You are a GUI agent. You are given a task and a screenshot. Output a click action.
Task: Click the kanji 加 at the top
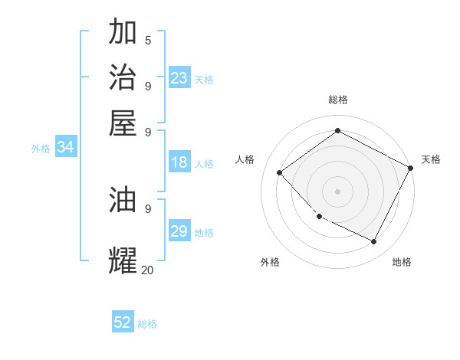click(x=123, y=33)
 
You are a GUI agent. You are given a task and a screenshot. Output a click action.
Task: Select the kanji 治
click(x=123, y=77)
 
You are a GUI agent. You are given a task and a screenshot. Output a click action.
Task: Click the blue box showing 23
click(x=179, y=78)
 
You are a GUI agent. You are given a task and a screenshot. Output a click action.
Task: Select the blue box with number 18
click(x=179, y=162)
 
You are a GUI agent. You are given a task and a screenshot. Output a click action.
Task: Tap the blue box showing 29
click(x=179, y=231)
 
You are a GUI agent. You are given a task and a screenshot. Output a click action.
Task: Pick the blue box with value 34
click(x=65, y=147)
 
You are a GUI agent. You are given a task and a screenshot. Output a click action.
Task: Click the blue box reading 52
click(x=123, y=322)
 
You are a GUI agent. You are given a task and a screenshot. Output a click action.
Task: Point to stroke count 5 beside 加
click(x=148, y=39)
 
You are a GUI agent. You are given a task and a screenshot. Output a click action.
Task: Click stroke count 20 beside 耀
click(x=147, y=270)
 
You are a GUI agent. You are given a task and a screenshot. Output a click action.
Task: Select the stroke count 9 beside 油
click(x=148, y=208)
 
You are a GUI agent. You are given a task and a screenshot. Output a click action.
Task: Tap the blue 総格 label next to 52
click(x=147, y=324)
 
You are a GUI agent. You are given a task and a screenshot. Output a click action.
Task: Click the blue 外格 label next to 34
click(x=41, y=149)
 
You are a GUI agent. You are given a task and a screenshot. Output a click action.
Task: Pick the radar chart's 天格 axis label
click(x=431, y=159)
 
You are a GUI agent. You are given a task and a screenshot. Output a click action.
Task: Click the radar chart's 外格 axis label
click(x=270, y=262)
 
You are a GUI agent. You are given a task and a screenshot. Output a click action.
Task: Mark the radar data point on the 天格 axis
click(x=411, y=168)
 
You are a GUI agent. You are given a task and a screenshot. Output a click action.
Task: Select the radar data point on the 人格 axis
click(x=280, y=173)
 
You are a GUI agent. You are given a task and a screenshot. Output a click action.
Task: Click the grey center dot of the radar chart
click(x=337, y=191)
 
